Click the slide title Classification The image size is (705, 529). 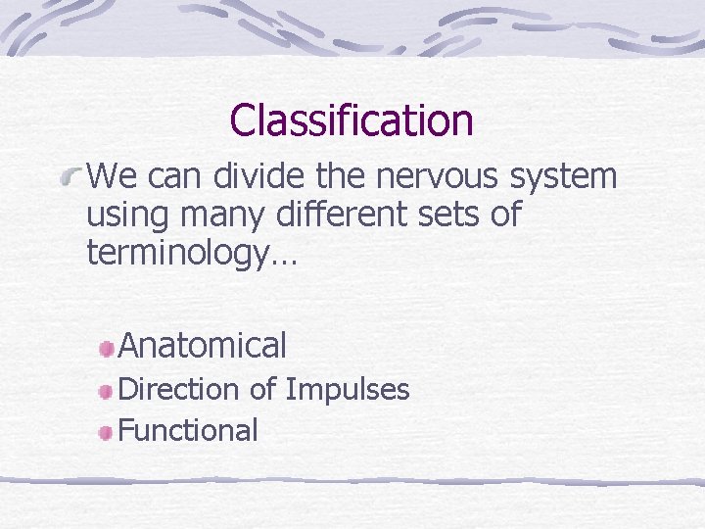pyautogui.click(x=352, y=120)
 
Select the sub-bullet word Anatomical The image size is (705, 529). pyautogui.click(x=202, y=345)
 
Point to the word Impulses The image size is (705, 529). pyautogui.click(x=348, y=391)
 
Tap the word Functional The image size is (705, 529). pyautogui.click(x=188, y=430)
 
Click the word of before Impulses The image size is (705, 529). pyautogui.click(x=262, y=389)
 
